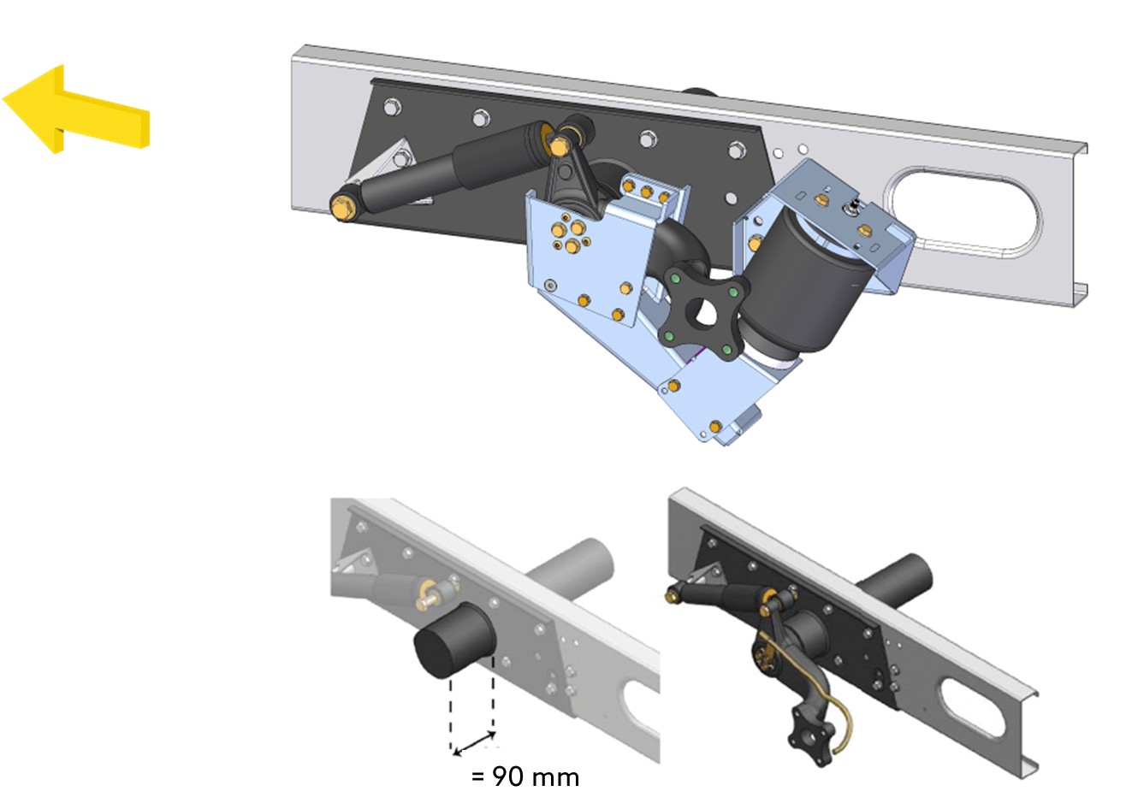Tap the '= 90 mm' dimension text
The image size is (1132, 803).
pos(525,777)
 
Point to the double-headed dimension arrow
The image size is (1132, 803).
pos(474,743)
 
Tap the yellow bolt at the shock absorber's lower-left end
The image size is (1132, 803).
pos(342,206)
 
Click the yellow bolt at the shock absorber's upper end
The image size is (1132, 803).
pos(559,146)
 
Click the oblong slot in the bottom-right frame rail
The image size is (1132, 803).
pos(971,707)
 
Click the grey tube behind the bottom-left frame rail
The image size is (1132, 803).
pos(571,564)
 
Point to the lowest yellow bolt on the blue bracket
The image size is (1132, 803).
pos(714,427)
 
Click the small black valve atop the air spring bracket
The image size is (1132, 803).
pos(854,207)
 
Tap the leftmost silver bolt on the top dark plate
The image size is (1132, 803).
pos(392,107)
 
